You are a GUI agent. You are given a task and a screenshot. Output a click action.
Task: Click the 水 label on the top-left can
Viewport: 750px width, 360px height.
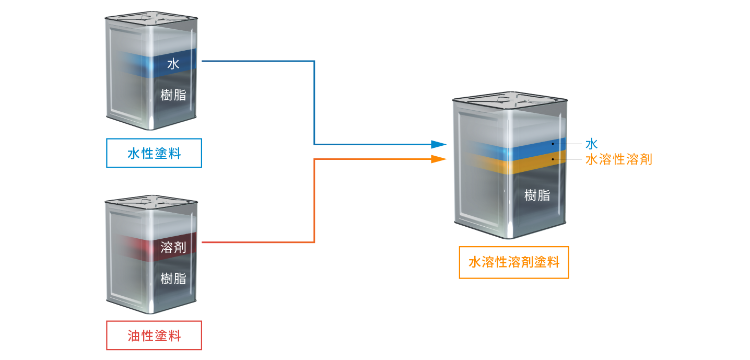(x=173, y=64)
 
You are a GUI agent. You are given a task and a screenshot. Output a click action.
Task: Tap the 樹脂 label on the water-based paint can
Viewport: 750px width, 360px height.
(x=173, y=95)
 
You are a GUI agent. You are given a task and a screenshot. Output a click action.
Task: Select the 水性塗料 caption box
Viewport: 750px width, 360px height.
(x=154, y=153)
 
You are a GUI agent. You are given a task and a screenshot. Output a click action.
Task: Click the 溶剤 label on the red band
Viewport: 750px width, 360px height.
(x=173, y=247)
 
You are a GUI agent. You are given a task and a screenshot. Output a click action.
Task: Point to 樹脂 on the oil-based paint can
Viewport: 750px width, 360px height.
(x=173, y=278)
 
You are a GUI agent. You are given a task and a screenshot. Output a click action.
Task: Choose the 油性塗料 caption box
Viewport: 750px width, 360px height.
(x=154, y=335)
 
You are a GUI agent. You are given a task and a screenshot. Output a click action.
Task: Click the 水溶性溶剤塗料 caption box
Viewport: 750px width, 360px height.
(x=514, y=262)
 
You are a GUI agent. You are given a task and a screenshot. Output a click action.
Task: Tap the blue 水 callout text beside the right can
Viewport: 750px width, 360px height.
(x=591, y=144)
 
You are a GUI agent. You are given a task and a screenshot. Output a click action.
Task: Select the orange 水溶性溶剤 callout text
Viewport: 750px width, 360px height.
(x=619, y=159)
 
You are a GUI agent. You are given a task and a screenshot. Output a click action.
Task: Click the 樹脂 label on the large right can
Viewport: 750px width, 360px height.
(x=537, y=195)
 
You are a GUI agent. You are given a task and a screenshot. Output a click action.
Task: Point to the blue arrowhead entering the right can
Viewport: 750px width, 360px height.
(x=439, y=144)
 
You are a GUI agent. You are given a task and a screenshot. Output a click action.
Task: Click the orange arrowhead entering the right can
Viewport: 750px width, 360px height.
(x=439, y=159)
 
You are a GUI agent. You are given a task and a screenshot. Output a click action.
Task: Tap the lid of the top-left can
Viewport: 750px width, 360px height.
(x=151, y=21)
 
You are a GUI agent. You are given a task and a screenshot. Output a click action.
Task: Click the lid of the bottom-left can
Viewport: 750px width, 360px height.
(x=151, y=204)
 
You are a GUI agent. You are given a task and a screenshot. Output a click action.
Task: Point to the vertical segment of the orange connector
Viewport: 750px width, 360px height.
(x=314, y=201)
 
